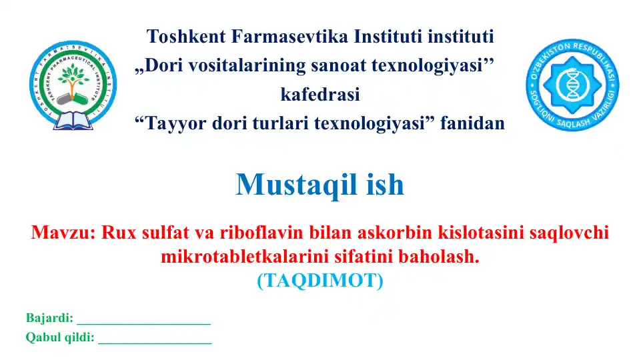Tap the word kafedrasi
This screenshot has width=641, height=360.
[x=320, y=95]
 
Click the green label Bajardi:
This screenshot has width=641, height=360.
[x=49, y=318]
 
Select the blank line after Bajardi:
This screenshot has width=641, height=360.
[x=143, y=321]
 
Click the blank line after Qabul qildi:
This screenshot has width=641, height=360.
[x=155, y=341]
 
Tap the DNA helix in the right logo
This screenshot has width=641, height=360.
[x=572, y=85]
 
